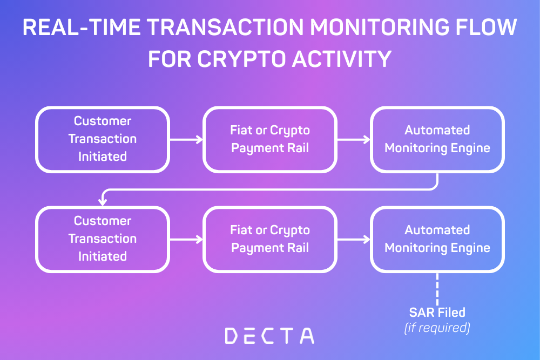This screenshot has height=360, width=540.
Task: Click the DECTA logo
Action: pos(269,335)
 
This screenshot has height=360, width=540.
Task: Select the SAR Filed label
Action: pos(437,312)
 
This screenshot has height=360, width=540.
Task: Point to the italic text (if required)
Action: pos(437,327)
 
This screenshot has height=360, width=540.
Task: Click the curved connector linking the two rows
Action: pos(270,189)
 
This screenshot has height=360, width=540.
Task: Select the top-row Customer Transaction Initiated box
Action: pos(103,139)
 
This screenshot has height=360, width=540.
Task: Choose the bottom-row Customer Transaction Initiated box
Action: pos(103,239)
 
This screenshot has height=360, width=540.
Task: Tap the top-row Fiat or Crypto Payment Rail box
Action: pos(270,139)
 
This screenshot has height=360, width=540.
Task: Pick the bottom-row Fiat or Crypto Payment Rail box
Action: pos(270,239)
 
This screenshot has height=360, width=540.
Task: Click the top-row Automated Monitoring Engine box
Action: pos(437,139)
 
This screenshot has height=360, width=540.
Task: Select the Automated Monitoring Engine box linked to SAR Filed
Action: pos(437,239)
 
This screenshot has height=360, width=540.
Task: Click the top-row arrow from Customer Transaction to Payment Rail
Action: pos(186,139)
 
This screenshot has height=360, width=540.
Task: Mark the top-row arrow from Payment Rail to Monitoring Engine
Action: pos(353,139)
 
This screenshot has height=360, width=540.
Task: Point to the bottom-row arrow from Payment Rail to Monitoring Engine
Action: pos(353,239)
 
